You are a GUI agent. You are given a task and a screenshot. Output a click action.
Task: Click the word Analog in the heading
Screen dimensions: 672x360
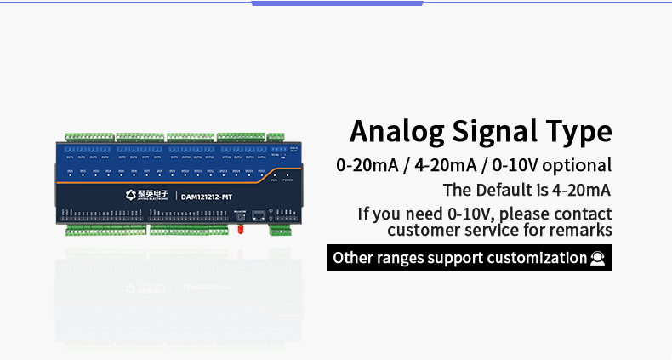point(397,133)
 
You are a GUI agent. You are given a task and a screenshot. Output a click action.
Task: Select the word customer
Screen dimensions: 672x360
point(421,230)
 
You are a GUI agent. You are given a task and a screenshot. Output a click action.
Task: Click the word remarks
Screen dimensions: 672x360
point(583,230)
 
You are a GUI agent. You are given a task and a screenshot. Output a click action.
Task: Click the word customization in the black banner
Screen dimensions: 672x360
point(536,258)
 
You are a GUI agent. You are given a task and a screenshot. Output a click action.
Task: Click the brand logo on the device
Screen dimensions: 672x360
point(131,195)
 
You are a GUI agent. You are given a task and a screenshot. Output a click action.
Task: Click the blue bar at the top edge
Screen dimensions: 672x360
point(338,3)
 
